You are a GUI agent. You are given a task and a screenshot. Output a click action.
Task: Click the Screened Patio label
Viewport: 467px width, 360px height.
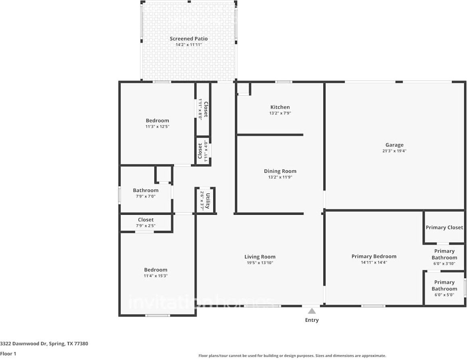[x=188, y=39]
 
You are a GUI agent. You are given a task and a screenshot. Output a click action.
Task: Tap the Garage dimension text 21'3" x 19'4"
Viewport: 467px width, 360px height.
[x=394, y=151]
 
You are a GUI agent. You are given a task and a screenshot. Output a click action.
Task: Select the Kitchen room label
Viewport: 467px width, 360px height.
[x=280, y=107]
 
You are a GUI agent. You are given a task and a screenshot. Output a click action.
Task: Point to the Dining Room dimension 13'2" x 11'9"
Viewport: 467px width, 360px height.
[x=280, y=177]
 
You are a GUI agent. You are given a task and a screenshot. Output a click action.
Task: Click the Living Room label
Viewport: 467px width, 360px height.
[x=260, y=257]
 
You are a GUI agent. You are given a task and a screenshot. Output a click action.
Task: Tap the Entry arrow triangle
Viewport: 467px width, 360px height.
[x=312, y=311]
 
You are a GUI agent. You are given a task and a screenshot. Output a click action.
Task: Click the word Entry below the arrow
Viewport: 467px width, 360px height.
[x=312, y=320]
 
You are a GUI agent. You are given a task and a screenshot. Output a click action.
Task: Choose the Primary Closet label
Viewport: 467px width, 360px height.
[x=444, y=228]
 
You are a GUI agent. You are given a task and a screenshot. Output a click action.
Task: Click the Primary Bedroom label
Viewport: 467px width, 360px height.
[x=373, y=256]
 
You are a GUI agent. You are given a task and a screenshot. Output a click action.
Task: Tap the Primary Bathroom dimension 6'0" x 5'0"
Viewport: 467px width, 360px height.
[x=444, y=295]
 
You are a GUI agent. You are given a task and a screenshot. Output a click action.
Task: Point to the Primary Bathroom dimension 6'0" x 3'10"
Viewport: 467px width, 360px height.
[x=444, y=264]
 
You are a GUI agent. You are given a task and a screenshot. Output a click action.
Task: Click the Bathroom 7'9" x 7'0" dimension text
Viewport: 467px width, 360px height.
[x=146, y=196]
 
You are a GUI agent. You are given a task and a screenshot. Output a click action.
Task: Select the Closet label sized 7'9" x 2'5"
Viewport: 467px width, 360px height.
[x=146, y=220]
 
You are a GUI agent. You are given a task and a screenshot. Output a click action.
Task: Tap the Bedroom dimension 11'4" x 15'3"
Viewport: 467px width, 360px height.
[x=156, y=276]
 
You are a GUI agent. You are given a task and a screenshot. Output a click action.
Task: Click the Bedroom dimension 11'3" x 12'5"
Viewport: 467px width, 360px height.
[x=157, y=126]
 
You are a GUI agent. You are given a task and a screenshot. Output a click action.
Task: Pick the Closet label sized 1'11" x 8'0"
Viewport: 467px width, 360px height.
[x=206, y=109]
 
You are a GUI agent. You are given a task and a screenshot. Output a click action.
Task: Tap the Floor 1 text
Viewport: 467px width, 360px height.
[x=8, y=354]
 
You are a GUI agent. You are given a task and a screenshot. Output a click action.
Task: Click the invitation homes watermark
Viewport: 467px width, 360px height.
[x=202, y=302]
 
